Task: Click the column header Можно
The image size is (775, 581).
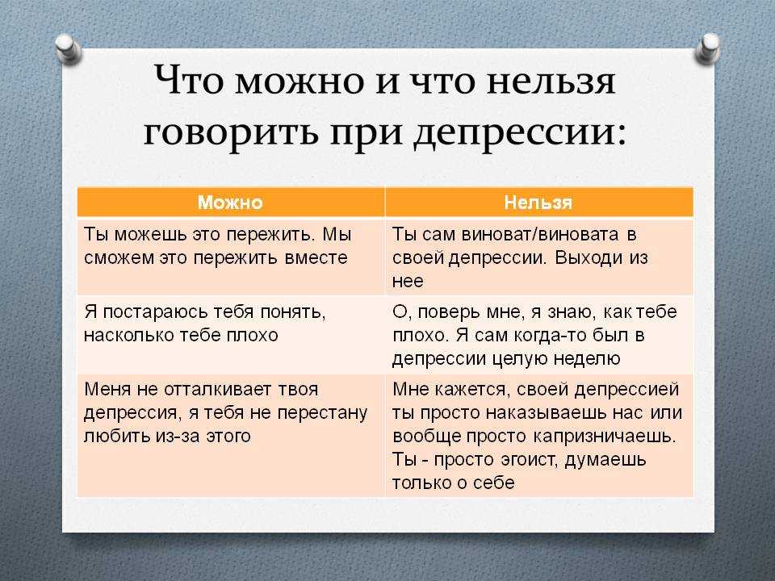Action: coord(230,203)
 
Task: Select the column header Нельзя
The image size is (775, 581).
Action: coord(538,203)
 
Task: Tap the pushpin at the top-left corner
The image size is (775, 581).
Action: coord(69,49)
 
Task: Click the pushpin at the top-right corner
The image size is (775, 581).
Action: coord(707,48)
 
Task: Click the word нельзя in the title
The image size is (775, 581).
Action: coord(551,80)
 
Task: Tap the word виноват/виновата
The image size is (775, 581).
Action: coord(540,234)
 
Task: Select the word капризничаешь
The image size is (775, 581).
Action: coord(604,437)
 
